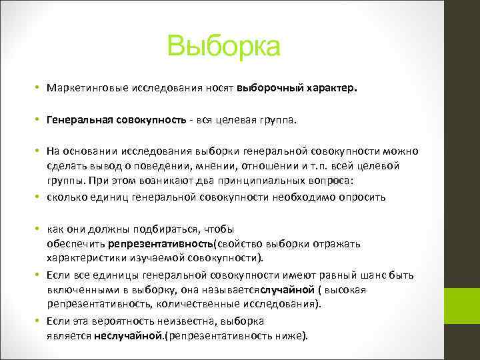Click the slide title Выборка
(x=225, y=47)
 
